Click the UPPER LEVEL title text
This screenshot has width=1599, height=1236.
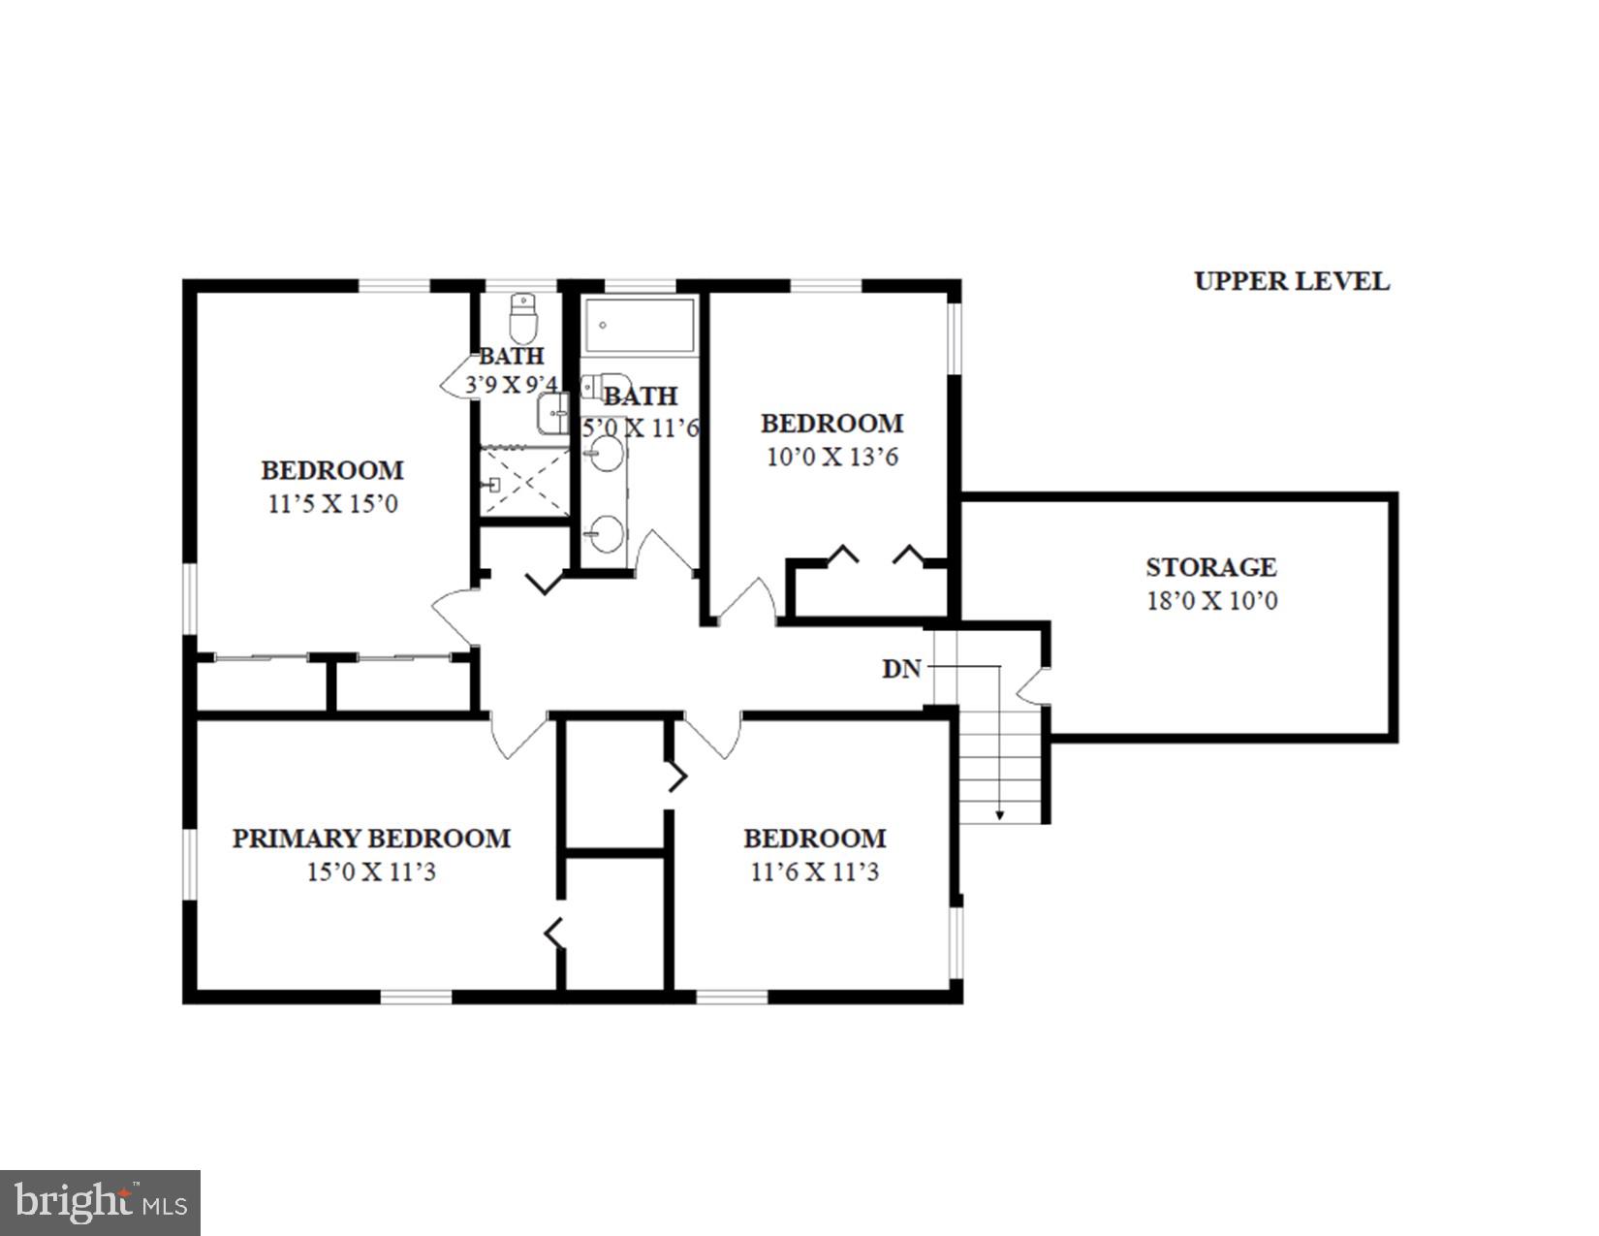[x=1291, y=281]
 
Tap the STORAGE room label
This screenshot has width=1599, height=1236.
[x=1210, y=567]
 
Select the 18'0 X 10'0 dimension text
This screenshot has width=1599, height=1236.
[x=1211, y=600]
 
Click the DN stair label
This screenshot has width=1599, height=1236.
[x=900, y=669]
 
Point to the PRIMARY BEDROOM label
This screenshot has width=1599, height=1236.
[x=371, y=839]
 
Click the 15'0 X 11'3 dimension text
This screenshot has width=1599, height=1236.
[x=371, y=872]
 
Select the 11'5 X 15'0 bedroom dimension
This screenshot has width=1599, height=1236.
[x=332, y=504]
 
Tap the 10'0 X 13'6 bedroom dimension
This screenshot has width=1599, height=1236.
[x=831, y=457]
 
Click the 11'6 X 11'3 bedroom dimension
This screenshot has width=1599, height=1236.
[x=814, y=872]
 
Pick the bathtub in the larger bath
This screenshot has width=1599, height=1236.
[x=641, y=326]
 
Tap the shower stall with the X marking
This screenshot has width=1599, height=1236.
[x=525, y=482]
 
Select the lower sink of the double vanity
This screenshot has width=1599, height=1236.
[x=607, y=534]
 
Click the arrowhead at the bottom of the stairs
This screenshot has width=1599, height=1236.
[x=1000, y=815]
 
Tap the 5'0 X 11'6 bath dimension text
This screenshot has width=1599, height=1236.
[x=641, y=428]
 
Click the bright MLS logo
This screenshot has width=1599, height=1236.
[x=100, y=1203]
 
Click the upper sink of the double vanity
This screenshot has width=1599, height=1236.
[x=607, y=453]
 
